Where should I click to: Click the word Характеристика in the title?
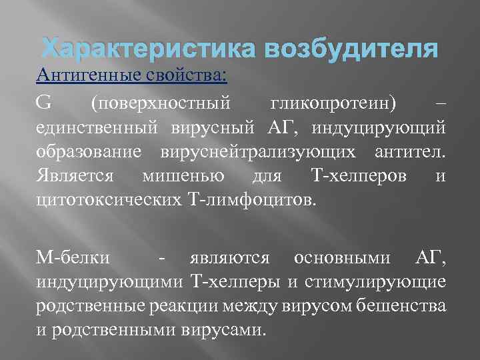point(141,49)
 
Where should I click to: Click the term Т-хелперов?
point(357,176)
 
